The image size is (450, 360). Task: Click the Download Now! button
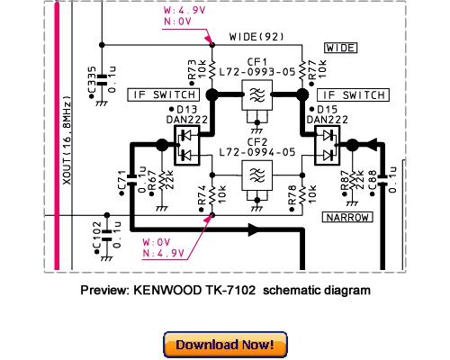tap(225, 344)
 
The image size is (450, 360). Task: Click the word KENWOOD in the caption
tap(164, 291)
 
